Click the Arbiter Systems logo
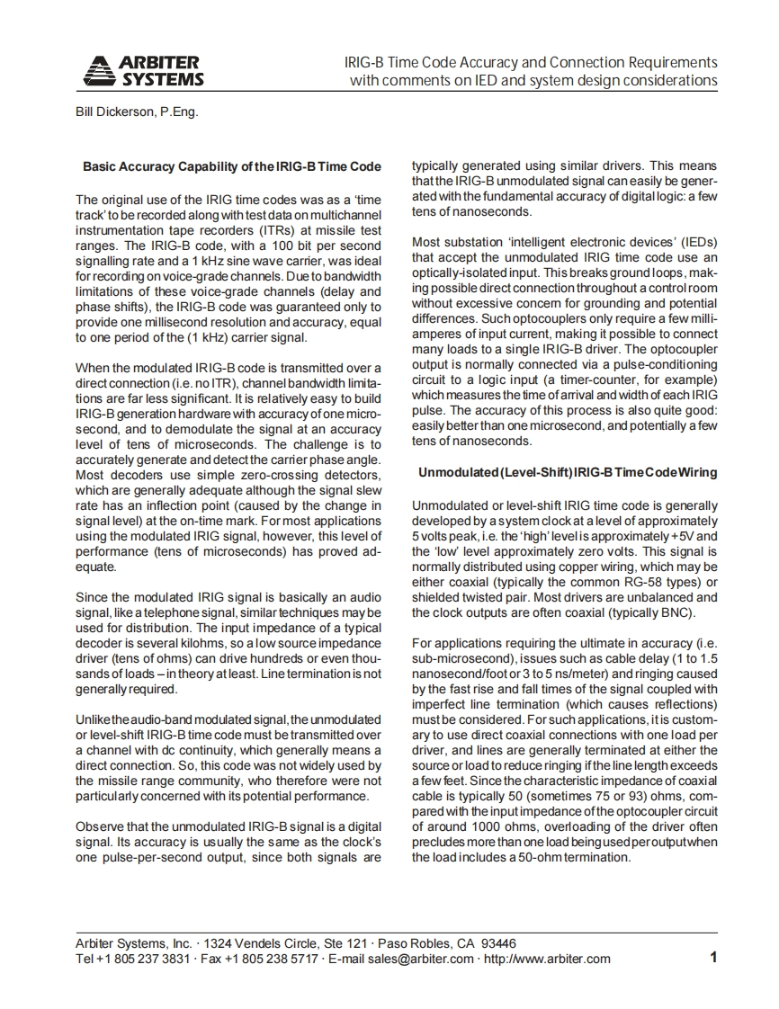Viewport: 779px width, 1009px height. pos(143,70)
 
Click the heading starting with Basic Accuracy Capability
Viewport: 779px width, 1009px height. pos(231,166)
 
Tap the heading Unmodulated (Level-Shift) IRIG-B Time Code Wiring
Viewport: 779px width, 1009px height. pos(568,472)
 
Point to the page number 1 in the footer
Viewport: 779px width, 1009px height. pos(713,958)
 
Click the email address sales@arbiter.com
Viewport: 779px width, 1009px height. pos(423,959)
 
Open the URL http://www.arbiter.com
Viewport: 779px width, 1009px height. pos(547,959)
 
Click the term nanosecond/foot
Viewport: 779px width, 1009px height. pos(449,674)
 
